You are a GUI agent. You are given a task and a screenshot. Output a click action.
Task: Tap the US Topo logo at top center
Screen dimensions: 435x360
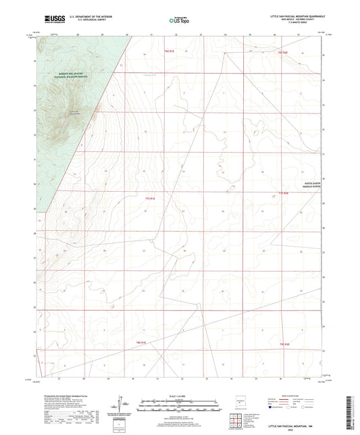[179, 20]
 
